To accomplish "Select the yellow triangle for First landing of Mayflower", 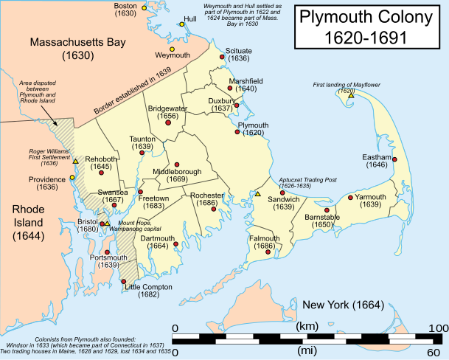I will pyautogui.click(x=352, y=96).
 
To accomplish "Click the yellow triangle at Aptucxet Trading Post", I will pyautogui.click(x=258, y=194).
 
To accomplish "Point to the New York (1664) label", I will pyautogui.click(x=338, y=305).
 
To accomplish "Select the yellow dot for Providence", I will pyautogui.click(x=72, y=177).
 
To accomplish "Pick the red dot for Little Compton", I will pyautogui.click(x=122, y=280).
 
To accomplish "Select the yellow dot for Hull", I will pyautogui.click(x=181, y=24).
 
